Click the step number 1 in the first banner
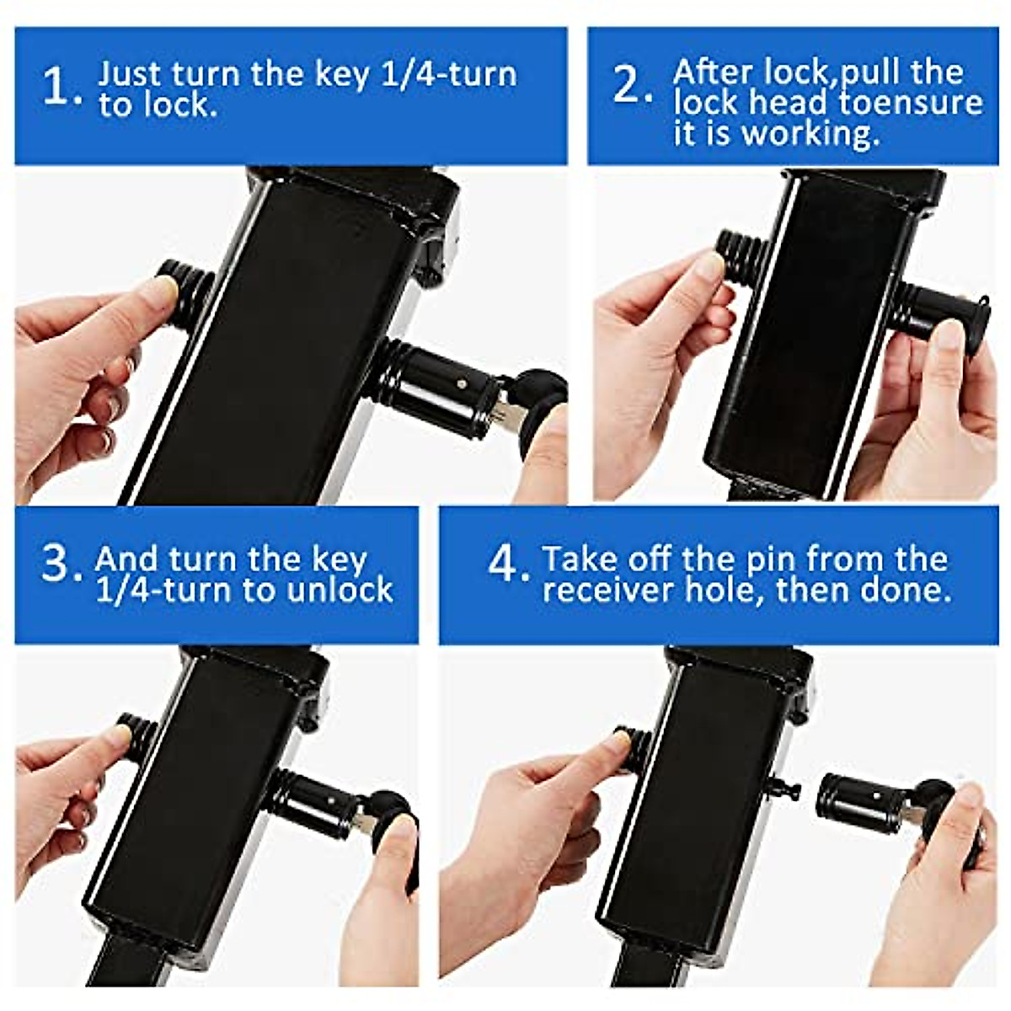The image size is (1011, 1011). pyautogui.click(x=59, y=88)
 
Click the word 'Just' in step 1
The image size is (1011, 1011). pyautogui.click(x=130, y=73)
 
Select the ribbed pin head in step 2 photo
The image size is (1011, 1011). pyautogui.click(x=741, y=249)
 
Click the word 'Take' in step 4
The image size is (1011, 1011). pyautogui.click(x=574, y=559)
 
